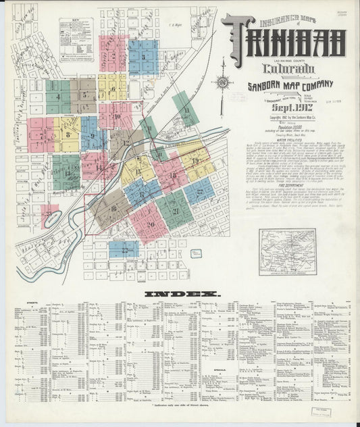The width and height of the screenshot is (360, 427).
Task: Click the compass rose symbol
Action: [x=222, y=82]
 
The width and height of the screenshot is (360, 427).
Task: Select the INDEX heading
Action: [x=182, y=294]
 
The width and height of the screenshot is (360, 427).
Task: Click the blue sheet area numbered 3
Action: [x=143, y=57]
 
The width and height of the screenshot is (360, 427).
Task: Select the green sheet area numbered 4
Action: [x=58, y=97]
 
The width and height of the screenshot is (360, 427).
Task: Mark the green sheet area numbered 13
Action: [x=66, y=172]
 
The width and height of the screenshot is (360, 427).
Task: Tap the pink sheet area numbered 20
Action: [x=149, y=224]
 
